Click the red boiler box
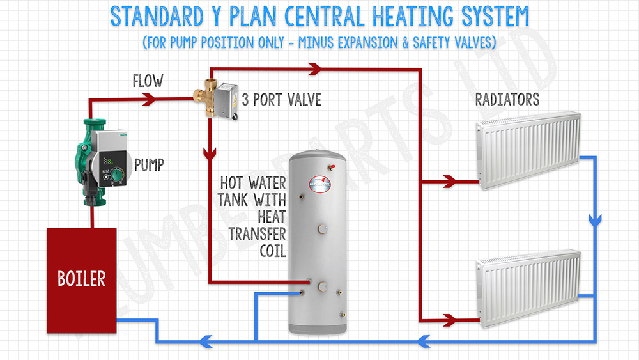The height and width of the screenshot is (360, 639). pos(82,281)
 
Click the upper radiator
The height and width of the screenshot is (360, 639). pos(528,150)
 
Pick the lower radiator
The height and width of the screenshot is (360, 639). pos(528,288)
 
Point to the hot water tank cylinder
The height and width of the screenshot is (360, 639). pos(318,242)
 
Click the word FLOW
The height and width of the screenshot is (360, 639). pos(148,81)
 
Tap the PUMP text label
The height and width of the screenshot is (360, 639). pos(149,165)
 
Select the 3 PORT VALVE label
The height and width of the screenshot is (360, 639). pos(282,100)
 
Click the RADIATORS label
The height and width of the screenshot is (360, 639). pos(507,99)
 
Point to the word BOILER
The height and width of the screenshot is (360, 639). pos(82,279)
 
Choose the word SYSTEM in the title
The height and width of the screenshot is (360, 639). pos(495,17)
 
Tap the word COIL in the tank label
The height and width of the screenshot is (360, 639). pos(273,251)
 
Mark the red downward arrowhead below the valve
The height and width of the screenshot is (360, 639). pos(210,154)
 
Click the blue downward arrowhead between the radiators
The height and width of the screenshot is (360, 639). pos(595,221)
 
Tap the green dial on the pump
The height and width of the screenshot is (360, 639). pos(118,175)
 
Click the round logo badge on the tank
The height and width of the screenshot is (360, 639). pos(320,184)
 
